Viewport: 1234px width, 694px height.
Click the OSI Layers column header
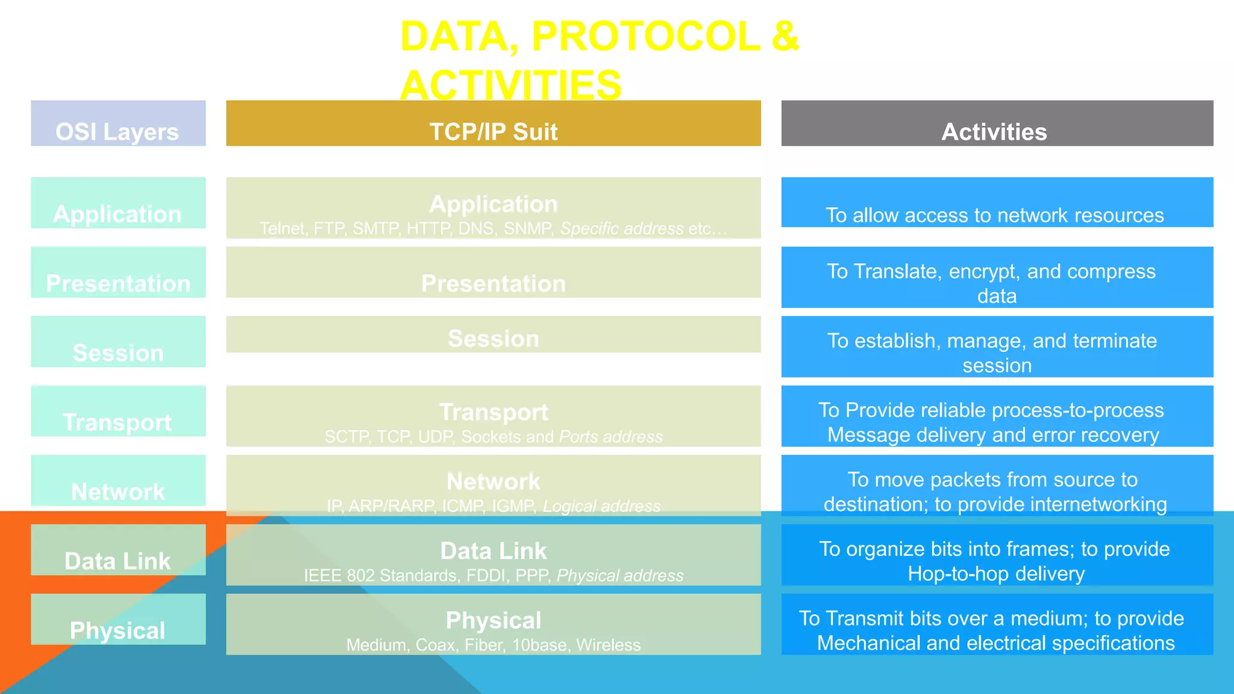[x=118, y=124]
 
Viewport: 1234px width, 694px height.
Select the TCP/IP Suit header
[x=493, y=124]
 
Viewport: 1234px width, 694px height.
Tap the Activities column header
[x=997, y=124]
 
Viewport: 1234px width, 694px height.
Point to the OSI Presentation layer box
[x=118, y=273]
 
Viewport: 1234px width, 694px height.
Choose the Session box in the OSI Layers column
[x=118, y=342]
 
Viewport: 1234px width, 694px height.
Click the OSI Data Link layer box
[x=118, y=551]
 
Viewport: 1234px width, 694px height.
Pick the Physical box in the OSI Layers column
[x=118, y=620]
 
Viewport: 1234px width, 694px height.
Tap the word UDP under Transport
[x=435, y=437]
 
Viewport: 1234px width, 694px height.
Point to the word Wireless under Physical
[x=608, y=645]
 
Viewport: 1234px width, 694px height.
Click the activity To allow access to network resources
[x=994, y=215]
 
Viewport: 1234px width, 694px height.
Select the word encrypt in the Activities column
[x=981, y=272]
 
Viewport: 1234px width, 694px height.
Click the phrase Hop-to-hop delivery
[x=996, y=574]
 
